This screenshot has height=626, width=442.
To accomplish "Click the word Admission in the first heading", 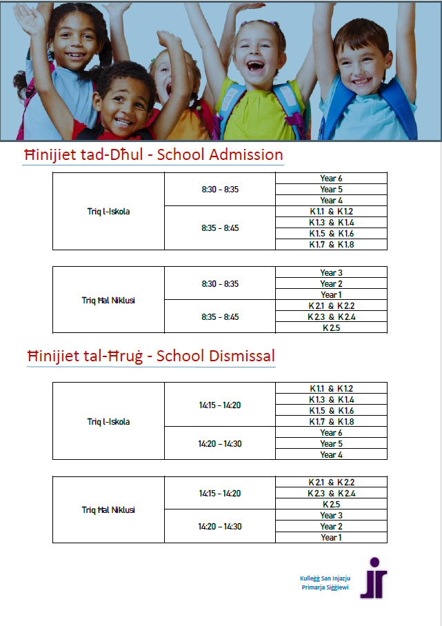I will tap(245, 154).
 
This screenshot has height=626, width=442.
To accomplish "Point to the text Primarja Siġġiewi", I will tap(325, 587).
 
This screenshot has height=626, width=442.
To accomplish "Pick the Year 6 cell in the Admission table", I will tap(331, 179).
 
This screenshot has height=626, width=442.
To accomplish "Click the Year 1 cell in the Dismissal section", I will tap(331, 538).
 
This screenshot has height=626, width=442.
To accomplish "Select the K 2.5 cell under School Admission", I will tap(331, 328).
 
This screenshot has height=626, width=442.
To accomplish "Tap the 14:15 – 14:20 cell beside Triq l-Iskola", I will tap(220, 405).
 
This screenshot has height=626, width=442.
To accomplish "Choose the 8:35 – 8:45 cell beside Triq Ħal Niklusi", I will tap(220, 317).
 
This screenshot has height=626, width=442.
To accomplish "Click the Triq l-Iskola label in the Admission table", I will tap(108, 212).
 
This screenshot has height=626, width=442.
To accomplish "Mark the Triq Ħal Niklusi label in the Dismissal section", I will tap(108, 510).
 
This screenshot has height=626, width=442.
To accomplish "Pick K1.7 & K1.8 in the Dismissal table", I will tap(331, 422).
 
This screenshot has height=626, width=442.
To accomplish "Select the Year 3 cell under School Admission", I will tap(331, 273).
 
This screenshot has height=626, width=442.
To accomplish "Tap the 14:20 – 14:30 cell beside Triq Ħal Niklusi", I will tap(220, 527).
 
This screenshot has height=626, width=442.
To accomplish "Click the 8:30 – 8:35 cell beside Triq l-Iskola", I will tap(220, 189).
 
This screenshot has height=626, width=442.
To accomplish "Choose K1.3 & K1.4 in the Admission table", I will tap(331, 223).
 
